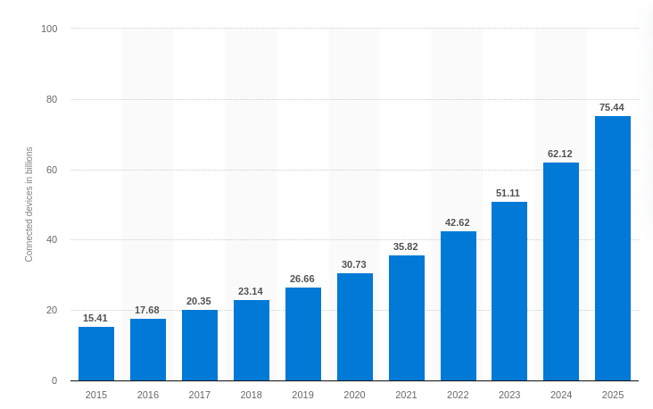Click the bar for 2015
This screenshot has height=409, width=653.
[x=96, y=354]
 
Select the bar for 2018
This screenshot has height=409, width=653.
[x=252, y=340]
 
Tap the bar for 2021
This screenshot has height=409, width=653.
[x=407, y=318]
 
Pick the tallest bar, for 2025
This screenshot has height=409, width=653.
[x=613, y=248]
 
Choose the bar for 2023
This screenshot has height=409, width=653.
[x=509, y=291]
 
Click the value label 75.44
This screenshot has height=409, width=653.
[x=612, y=107]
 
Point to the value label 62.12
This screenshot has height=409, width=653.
[x=560, y=154]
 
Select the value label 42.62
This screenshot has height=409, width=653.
[x=458, y=222]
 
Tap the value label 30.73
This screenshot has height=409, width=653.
[x=354, y=264]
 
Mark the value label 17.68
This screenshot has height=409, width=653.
[x=147, y=310]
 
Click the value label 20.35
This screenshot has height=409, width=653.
[x=199, y=301]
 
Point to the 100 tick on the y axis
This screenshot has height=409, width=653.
[x=49, y=29]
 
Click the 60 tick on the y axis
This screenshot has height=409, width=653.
[x=52, y=170]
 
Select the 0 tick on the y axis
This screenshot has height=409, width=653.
[x=54, y=380]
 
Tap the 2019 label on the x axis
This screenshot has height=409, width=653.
[x=302, y=395]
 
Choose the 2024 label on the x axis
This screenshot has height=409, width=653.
[x=561, y=395]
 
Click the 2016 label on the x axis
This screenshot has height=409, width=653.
[x=148, y=395]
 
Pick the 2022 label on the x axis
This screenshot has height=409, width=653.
[x=458, y=395]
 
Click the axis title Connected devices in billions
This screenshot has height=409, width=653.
[x=29, y=204]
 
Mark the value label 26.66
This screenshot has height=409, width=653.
[x=302, y=279]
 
